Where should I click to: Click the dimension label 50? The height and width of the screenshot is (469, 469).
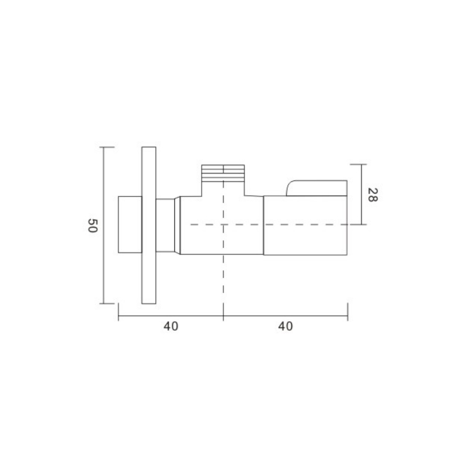click(x=93, y=226)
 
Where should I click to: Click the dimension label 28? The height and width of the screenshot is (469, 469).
click(x=372, y=195)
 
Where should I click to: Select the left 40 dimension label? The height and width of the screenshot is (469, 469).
click(x=171, y=327)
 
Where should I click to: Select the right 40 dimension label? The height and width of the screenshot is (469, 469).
click(x=286, y=327)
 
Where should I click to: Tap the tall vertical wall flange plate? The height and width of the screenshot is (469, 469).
click(x=149, y=225)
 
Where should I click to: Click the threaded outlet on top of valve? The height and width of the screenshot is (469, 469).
click(x=223, y=174)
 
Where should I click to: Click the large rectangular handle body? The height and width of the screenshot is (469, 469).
click(x=305, y=226)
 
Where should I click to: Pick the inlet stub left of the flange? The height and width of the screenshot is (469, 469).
click(x=130, y=225)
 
